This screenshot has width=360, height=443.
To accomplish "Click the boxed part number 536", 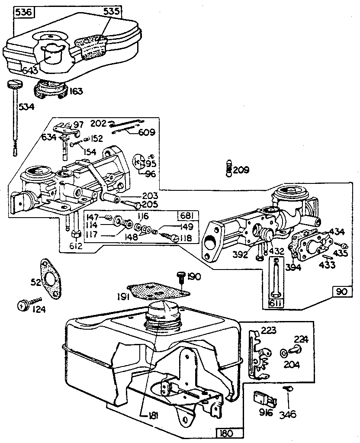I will coord(23,12).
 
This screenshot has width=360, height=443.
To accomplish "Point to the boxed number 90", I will coord(341,292).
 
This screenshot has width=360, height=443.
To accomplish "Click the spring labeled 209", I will coord(229,168).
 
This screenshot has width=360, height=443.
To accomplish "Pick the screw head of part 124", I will coord(22,305).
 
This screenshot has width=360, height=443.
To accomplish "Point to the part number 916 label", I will coord(266,413).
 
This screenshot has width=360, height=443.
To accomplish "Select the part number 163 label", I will coord(76,92).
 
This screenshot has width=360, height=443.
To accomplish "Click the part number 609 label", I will coord(146,132).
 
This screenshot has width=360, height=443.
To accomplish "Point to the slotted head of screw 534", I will coord(14,85).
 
